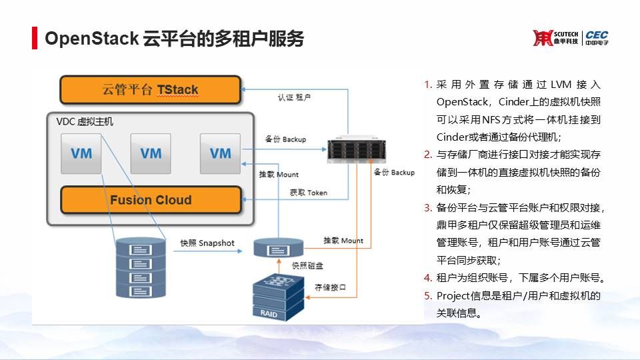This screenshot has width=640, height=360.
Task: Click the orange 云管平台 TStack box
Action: coord(150,89)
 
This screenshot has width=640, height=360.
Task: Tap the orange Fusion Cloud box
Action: coord(151,200)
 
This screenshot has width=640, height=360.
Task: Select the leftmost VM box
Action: coord(81,153)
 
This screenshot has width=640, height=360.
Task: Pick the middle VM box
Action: coord(151,153)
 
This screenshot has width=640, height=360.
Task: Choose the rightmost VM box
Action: coord(220,153)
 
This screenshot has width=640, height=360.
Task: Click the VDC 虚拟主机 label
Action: coord(85,122)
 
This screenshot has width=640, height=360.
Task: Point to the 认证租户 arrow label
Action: coord(294,97)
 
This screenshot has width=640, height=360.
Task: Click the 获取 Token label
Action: coord(309,193)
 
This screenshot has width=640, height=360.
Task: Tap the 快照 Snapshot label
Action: coord(207,243)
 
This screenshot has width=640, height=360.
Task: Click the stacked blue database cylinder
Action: coord(139,268)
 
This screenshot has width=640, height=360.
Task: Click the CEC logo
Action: coord(597,38)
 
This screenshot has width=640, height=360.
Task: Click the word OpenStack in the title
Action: coord(91,39)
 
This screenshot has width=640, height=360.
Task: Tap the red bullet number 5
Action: coord(428,295)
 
